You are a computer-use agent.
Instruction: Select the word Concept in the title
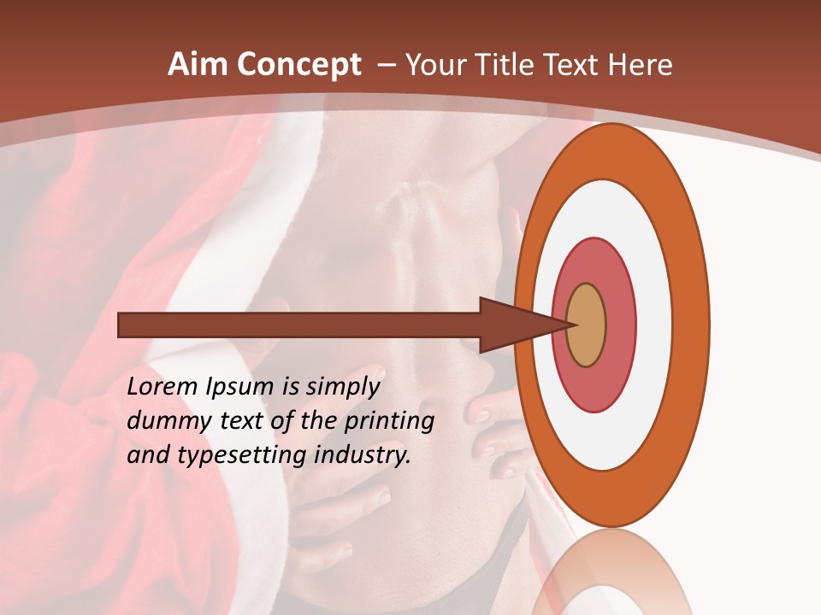point(298,65)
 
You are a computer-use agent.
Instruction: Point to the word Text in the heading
point(574,65)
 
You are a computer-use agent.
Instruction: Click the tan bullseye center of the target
point(586,325)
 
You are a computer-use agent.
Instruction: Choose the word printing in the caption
point(389,421)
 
